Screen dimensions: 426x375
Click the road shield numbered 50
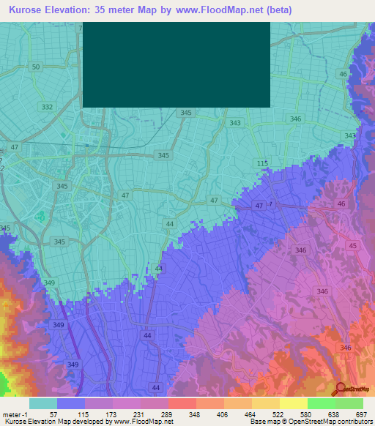pos(35,67)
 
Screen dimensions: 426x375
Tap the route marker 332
pos(48,107)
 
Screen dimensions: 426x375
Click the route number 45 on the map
pos(354,246)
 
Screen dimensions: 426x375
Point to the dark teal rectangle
pos(177,64)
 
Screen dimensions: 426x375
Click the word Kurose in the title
pos(29,10)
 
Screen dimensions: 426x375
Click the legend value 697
pos(360,414)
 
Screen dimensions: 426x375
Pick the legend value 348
pos(194,414)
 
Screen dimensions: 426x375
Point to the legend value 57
pos(53,414)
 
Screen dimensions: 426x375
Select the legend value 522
pos(277,414)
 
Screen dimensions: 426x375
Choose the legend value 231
pos(138,414)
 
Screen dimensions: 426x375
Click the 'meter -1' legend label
pos(15,414)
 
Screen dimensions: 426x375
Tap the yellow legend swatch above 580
pos(293,403)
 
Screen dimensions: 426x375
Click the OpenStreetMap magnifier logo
pos(339,389)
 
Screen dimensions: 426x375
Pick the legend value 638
pos(333,414)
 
